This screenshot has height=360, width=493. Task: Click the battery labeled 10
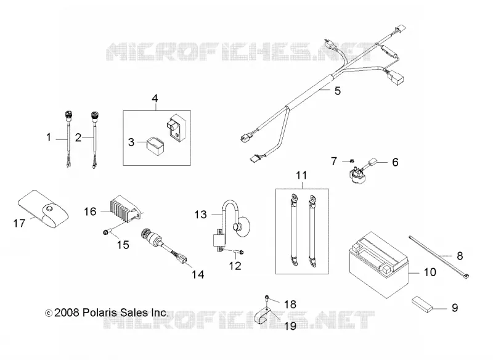379,264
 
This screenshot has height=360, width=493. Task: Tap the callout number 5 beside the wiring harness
337,91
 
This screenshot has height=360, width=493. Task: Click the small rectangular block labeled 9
422,304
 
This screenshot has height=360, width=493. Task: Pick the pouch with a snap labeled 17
43,208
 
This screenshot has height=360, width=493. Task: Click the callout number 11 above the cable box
301,176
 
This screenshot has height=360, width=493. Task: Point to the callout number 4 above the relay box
155,99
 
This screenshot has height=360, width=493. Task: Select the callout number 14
198,274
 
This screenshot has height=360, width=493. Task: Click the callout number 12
235,266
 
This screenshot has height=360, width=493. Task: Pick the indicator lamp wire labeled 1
68,138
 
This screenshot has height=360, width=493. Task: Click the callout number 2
78,137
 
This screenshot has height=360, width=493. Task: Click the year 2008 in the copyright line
67,313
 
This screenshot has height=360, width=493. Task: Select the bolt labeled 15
106,232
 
